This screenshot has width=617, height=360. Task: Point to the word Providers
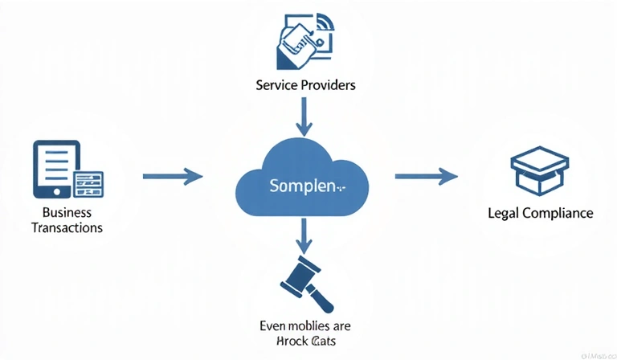(328, 84)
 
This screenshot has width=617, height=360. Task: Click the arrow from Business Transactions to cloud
(172, 176)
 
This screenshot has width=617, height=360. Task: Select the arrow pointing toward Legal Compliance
(426, 176)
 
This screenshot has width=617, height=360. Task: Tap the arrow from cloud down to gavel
(304, 235)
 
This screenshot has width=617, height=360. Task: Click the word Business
(67, 213)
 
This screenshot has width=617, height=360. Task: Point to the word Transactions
(67, 227)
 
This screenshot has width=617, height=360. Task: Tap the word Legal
(504, 214)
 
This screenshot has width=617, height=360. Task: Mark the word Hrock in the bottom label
(288, 342)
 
